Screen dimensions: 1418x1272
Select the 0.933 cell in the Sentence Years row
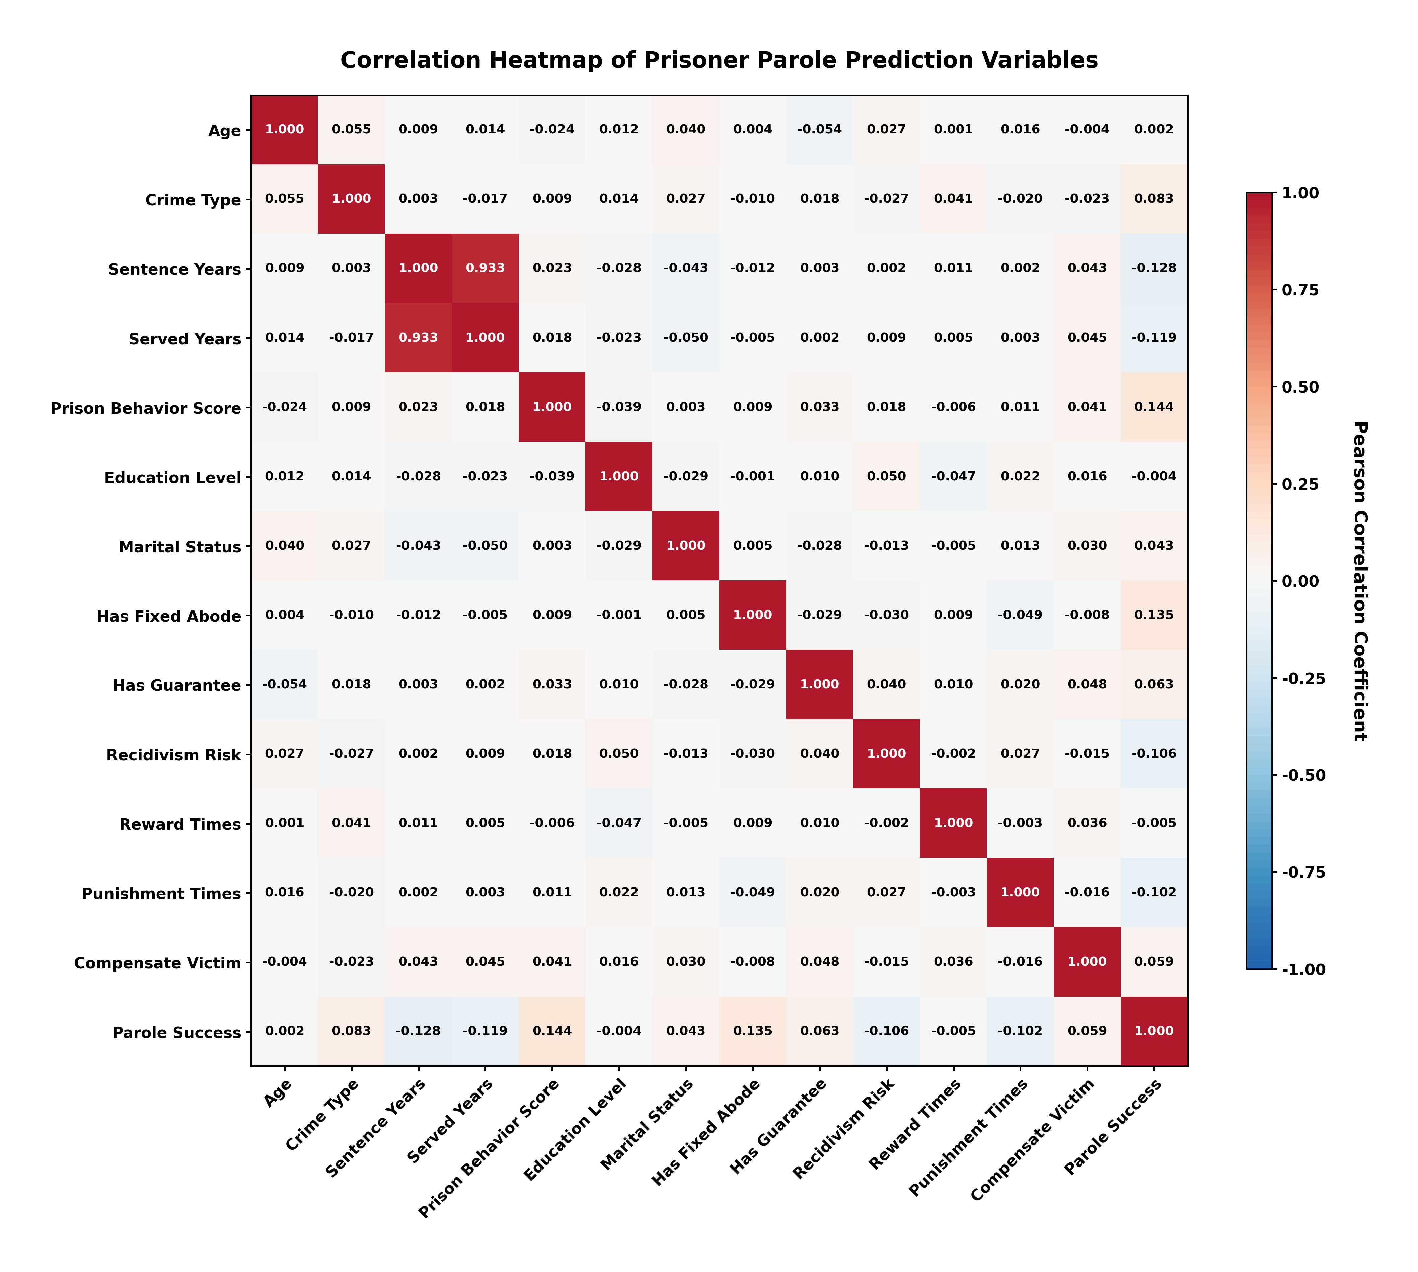pos(485,268)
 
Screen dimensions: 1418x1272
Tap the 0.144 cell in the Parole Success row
pos(552,1031)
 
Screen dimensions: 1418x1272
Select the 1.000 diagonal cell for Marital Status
pos(686,546)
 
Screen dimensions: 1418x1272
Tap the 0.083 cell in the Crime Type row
pos(1154,199)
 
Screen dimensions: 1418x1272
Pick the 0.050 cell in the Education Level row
pos(886,477)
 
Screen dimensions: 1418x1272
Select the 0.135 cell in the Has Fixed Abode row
pos(1154,615)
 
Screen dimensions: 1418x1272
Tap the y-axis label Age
pos(224,131)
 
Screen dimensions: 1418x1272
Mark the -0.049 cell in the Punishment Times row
pos(753,893)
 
